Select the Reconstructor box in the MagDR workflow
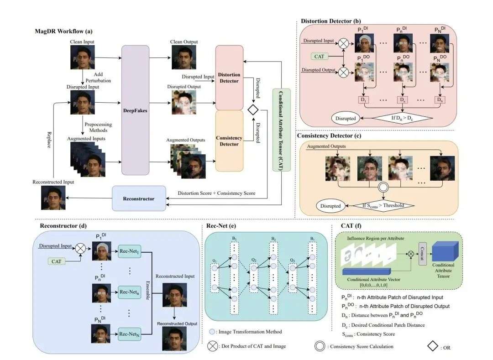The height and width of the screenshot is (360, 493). point(139,198)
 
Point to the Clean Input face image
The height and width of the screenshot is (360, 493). point(82,57)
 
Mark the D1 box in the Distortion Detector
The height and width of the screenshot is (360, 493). point(363,99)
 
